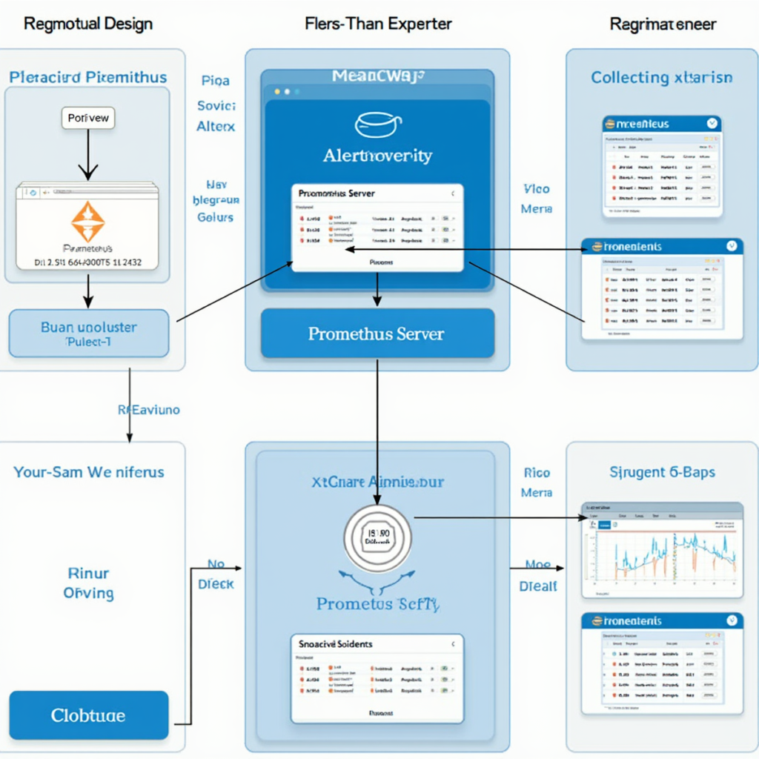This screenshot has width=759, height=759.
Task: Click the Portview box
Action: point(88,118)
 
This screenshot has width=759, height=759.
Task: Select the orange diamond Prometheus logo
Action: point(88,220)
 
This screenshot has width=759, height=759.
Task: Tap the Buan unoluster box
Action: point(88,333)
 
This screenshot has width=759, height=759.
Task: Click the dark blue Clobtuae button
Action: point(88,715)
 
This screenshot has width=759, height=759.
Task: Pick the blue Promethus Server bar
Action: point(377,334)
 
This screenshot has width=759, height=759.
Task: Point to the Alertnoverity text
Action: point(377,156)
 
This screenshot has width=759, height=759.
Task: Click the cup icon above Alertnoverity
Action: point(377,124)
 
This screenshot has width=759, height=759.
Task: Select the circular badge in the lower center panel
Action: point(377,539)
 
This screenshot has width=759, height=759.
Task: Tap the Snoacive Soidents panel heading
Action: point(336,644)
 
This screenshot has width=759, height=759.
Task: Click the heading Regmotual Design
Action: point(88,24)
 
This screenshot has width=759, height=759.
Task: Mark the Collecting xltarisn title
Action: point(662,77)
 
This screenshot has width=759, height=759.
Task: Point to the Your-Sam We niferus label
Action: point(88,471)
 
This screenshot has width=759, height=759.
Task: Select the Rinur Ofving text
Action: point(88,583)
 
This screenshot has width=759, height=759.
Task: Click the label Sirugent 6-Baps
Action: point(662,471)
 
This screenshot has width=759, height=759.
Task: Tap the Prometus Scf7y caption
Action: point(377,604)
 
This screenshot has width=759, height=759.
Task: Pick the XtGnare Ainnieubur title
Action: point(377,482)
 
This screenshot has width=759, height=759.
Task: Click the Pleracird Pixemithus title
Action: point(88,77)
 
